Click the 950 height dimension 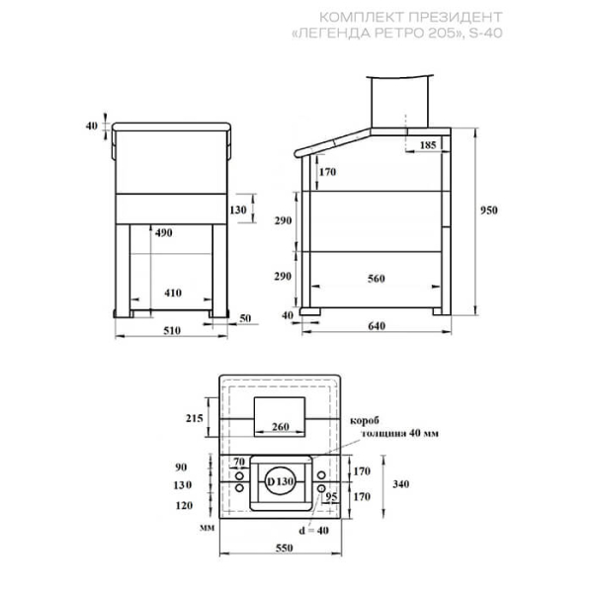point(488,211)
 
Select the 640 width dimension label point(377,325)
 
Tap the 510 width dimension point(172,330)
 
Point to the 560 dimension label point(377,279)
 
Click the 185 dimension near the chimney point(428,145)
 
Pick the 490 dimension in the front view point(163,233)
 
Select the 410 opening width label point(173,293)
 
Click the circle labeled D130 point(280,481)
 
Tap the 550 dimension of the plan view point(284,548)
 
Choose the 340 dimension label point(401,484)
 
